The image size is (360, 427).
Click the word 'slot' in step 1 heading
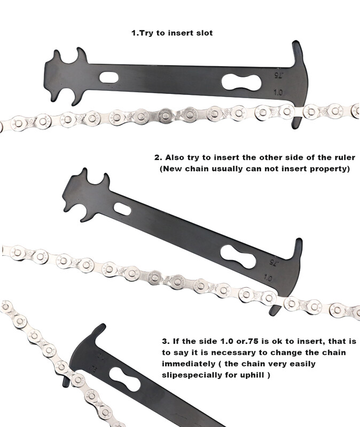205,33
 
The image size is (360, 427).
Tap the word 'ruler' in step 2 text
345,157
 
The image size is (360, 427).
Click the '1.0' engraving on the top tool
278,92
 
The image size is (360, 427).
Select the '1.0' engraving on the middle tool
268,278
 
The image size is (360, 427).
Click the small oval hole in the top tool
109,77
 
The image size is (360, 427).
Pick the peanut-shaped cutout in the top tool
241,83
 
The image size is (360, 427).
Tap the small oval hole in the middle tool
122,209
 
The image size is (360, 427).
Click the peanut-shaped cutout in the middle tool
238,257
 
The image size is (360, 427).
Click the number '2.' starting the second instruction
158,157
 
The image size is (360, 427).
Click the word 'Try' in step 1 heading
147,33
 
